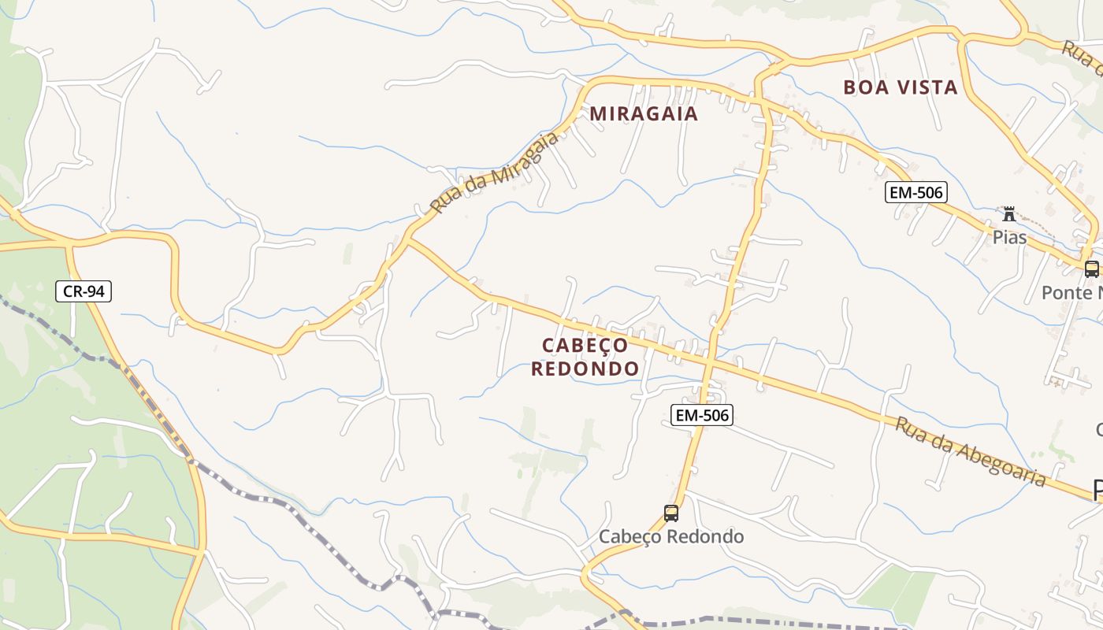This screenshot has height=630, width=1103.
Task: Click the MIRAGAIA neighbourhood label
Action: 644,114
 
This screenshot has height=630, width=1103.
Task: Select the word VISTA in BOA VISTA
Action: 926,87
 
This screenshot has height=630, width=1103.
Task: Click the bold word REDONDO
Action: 585,369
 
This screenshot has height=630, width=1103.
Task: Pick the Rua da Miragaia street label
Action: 495,172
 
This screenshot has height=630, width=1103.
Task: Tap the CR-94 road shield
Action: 84,291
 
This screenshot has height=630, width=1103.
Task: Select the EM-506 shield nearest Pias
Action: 915,192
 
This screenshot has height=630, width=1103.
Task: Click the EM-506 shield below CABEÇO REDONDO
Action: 702,415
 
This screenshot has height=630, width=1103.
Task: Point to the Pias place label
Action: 1009,236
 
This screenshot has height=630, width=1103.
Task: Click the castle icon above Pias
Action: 1009,213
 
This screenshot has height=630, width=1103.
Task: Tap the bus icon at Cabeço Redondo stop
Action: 671,513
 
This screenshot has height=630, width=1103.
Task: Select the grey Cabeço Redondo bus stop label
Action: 671,537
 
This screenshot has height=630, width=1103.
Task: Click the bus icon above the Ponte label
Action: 1091,269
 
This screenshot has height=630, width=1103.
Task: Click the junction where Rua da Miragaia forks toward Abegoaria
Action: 408,239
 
